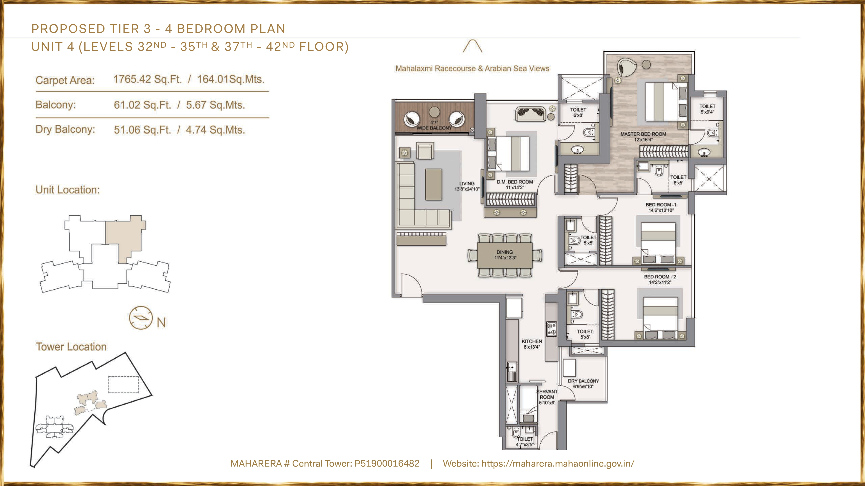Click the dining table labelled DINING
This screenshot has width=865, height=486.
point(505,255)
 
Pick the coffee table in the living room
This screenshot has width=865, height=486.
point(434,184)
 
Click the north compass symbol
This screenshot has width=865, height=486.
point(141,318)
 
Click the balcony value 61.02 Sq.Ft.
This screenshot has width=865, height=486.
point(142,105)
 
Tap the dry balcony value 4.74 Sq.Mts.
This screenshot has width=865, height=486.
point(215,130)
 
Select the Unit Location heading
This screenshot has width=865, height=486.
point(68,190)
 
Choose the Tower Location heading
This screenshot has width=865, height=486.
point(71,347)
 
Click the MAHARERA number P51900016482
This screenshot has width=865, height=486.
point(387,464)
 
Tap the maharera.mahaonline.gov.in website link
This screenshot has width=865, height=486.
point(558,464)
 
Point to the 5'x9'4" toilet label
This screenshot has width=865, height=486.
point(707,109)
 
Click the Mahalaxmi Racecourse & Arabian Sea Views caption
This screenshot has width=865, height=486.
point(472,69)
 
